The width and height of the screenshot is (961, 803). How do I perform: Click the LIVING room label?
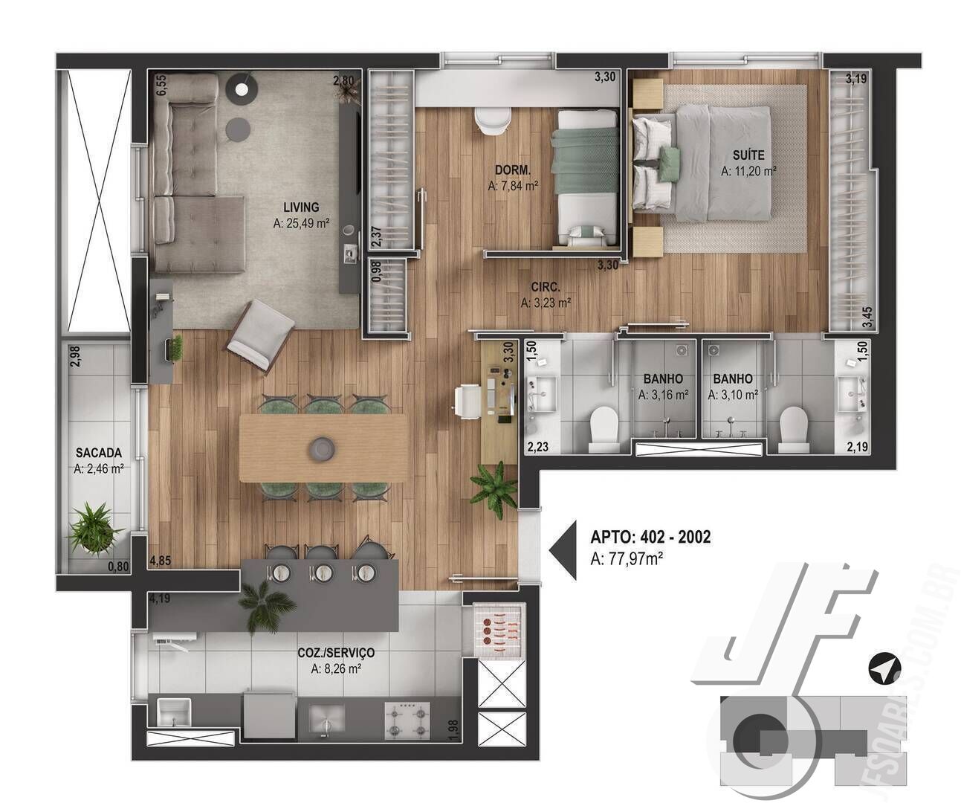pos(301,207)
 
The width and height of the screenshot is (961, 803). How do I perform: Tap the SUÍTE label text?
pos(748,155)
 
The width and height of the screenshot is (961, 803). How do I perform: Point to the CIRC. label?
pos(546,287)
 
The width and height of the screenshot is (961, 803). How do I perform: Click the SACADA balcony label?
pos(98,453)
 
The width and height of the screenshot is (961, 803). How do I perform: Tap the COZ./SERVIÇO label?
pos(336,653)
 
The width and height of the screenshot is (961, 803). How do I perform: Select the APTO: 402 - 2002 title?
pos(650,537)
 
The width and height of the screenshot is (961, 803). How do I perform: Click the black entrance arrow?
pos(563,550)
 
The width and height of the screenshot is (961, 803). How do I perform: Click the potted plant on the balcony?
pos(94,528)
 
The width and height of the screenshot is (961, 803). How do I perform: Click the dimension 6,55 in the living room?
pos(161,86)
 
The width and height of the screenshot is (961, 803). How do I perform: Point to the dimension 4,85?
pos(161,561)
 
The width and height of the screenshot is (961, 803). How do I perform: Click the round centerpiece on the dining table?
pos(323,448)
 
